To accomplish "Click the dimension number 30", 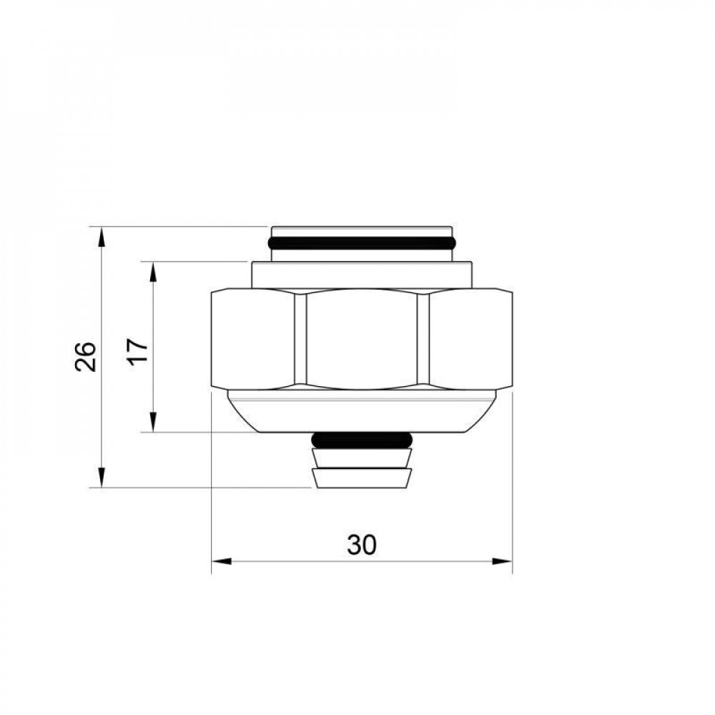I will pyautogui.click(x=362, y=546).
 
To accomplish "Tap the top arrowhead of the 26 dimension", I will pyautogui.click(x=102, y=236).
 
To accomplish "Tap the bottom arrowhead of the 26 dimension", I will pyautogui.click(x=102, y=478).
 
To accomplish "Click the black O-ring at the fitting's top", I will pyautogui.click(x=362, y=242).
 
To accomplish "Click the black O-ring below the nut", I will pyautogui.click(x=362, y=439).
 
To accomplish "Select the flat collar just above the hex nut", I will pyautogui.click(x=362, y=275).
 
